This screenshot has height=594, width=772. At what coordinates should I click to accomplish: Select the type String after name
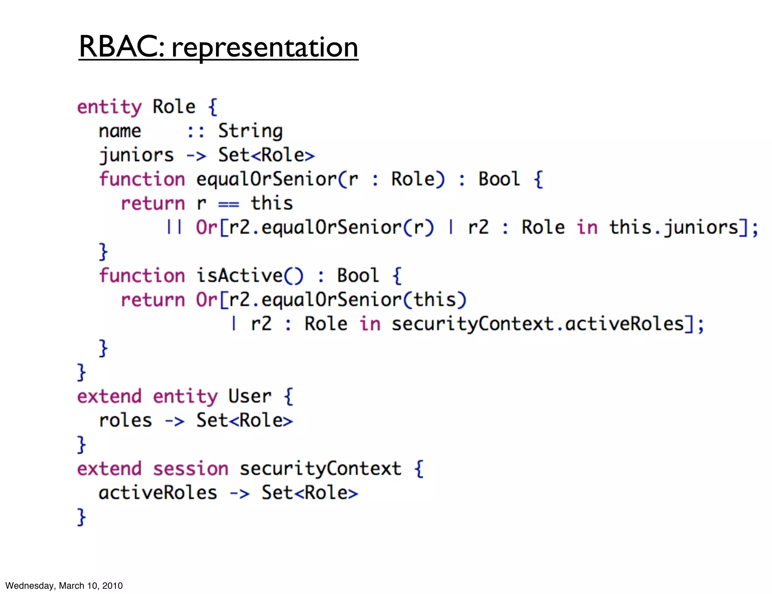point(250,131)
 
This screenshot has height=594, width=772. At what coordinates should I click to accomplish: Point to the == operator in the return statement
point(228,204)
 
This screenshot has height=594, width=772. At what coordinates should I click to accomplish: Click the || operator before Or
point(174,228)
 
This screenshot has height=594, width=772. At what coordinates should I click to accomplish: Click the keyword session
point(191,469)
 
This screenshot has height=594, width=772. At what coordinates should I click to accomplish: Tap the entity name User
point(250,397)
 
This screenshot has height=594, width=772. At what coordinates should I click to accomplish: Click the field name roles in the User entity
point(126,421)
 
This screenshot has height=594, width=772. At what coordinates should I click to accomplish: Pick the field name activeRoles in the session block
point(158,493)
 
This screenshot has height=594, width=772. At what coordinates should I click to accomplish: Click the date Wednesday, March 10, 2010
point(64,585)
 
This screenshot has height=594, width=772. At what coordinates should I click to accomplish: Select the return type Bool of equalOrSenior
point(499,179)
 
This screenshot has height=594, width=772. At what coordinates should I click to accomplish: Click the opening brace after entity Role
point(213,107)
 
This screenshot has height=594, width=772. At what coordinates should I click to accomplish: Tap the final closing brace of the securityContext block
point(81,517)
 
